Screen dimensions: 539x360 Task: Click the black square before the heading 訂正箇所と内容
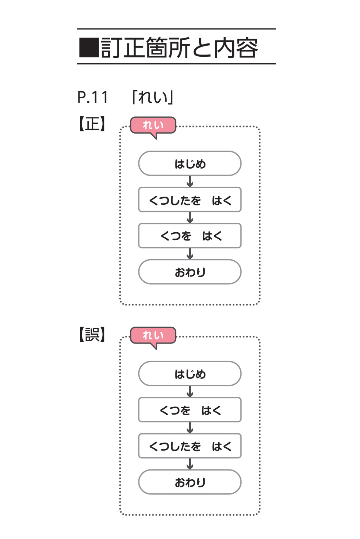(x=89, y=48)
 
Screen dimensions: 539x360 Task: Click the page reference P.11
(x=93, y=98)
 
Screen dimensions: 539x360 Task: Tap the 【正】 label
(x=92, y=124)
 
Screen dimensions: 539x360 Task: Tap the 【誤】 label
(x=92, y=334)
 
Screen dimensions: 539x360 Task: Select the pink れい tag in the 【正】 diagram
(x=153, y=126)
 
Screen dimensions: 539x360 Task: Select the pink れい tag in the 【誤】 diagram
(x=153, y=335)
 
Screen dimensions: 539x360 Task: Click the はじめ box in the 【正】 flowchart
(x=190, y=163)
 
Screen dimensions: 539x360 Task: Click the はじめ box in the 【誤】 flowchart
(x=190, y=374)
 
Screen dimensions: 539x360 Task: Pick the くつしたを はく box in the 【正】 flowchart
(x=190, y=200)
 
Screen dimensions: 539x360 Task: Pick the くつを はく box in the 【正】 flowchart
(x=190, y=236)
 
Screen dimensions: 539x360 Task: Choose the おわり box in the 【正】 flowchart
(x=190, y=272)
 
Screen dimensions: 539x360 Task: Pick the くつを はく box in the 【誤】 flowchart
(x=190, y=410)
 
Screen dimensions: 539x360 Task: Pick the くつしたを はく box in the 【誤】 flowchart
(x=190, y=446)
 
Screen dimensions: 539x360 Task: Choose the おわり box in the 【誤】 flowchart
(x=190, y=482)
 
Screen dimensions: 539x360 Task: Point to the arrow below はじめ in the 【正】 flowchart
(x=190, y=182)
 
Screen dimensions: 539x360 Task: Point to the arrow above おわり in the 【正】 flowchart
(x=190, y=254)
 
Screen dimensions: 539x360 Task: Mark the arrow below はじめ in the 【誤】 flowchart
(x=190, y=391)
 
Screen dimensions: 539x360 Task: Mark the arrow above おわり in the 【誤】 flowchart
(x=190, y=464)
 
